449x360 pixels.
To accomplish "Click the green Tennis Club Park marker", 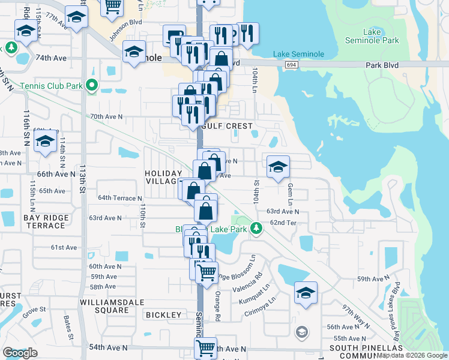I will click(92, 86).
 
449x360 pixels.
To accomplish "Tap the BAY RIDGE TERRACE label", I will click(44, 221).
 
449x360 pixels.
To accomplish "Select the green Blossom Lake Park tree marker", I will click(256, 228).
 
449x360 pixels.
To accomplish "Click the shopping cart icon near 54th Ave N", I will click(205, 347).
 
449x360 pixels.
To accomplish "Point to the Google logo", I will click(20, 353).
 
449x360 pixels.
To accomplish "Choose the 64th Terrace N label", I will click(120, 197).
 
